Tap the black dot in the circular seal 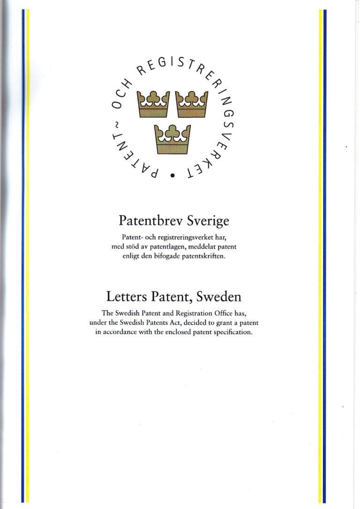tap(173, 176)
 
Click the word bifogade tap(168, 256)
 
